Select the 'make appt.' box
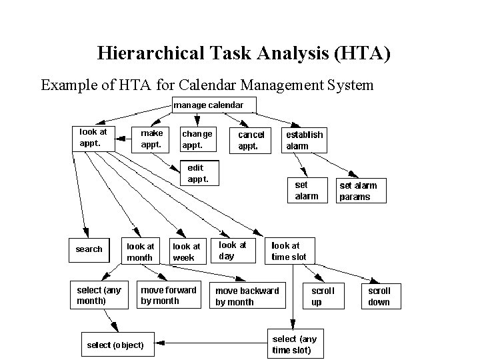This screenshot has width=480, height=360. pos(151,139)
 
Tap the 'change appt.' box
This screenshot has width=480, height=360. pos(198,139)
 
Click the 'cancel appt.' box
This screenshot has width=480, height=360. pos(251,140)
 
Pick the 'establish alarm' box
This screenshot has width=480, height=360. pos(305,140)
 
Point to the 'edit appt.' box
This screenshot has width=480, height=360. pos(198,173)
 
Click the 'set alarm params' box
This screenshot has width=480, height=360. pos(358,191)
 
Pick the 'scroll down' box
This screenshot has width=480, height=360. pos(379,297)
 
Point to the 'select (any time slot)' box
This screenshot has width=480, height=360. pos(294,345)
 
